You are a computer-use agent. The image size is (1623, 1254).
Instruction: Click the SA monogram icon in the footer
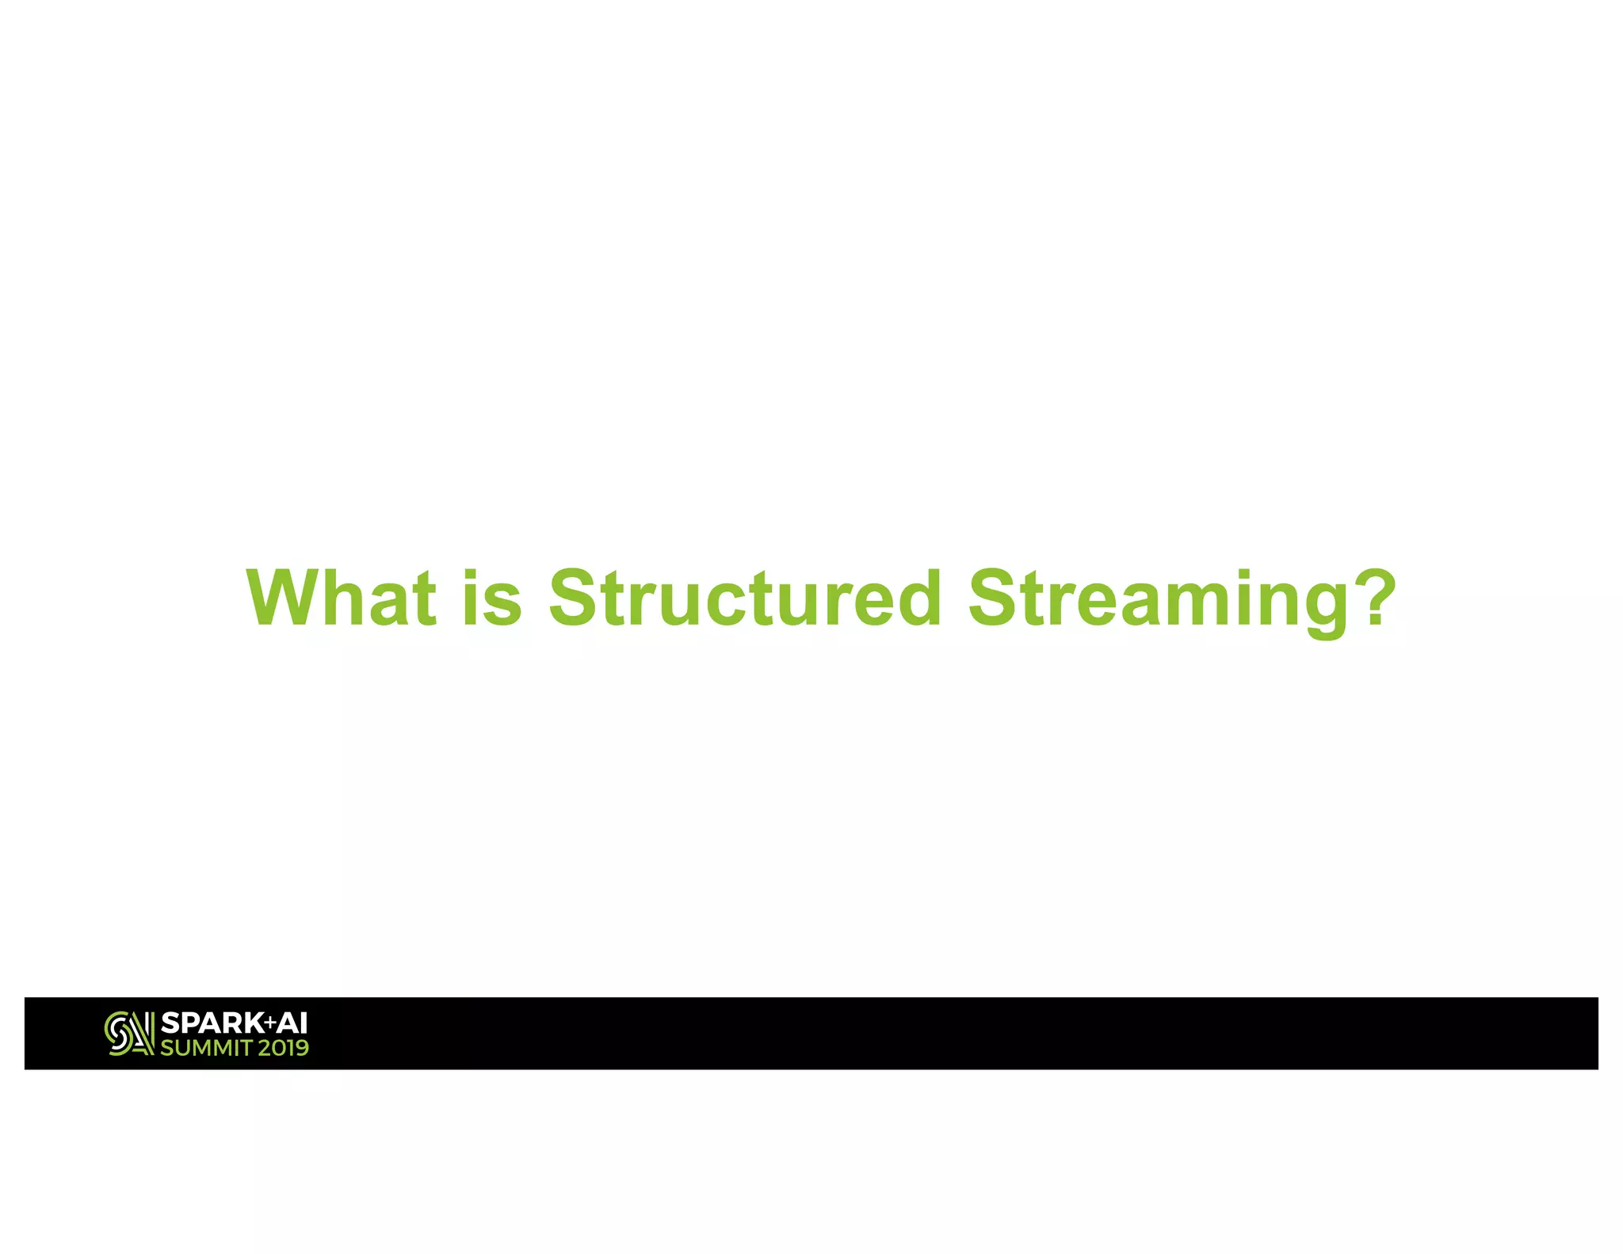pyautogui.click(x=129, y=1033)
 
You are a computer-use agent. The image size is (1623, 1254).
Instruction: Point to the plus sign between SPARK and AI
pyautogui.click(x=270, y=1023)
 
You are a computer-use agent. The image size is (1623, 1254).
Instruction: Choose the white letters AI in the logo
pyautogui.click(x=292, y=1023)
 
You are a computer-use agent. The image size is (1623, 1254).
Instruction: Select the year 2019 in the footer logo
pyautogui.click(x=283, y=1048)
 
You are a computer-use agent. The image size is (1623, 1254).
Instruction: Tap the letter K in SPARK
pyautogui.click(x=254, y=1023)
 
